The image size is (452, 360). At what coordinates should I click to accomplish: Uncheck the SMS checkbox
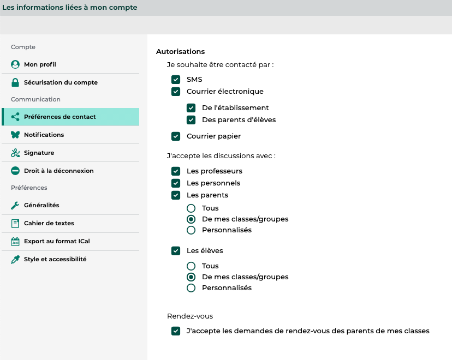(x=176, y=80)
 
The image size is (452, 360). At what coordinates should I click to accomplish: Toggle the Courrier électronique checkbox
(x=176, y=92)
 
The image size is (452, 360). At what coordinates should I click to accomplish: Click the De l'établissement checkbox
(x=191, y=108)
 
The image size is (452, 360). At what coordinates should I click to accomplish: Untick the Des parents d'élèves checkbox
(x=191, y=120)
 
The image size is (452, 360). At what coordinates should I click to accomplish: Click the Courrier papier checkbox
(x=176, y=136)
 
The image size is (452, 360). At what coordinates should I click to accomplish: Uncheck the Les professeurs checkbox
(x=176, y=171)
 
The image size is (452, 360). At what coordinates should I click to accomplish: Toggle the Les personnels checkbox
(x=176, y=183)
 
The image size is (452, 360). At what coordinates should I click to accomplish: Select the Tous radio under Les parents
(x=191, y=208)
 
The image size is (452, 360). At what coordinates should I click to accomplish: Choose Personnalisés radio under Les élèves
(x=191, y=288)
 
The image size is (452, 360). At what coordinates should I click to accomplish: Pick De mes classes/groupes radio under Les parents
(x=191, y=219)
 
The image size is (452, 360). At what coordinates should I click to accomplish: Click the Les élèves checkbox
(x=176, y=251)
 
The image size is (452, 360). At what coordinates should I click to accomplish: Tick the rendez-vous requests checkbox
(x=176, y=331)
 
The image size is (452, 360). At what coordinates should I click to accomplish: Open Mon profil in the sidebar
(x=40, y=64)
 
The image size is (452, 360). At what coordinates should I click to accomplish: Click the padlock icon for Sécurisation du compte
(x=15, y=82)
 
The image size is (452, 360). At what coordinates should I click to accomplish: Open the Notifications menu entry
(x=44, y=135)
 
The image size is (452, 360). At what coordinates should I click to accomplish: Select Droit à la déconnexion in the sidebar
(x=58, y=171)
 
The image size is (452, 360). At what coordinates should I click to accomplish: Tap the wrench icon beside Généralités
(x=15, y=205)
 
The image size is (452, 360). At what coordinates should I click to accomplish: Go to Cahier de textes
(x=49, y=223)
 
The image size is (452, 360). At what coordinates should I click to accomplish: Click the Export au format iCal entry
(x=57, y=241)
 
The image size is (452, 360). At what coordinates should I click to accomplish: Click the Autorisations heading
(x=180, y=52)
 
